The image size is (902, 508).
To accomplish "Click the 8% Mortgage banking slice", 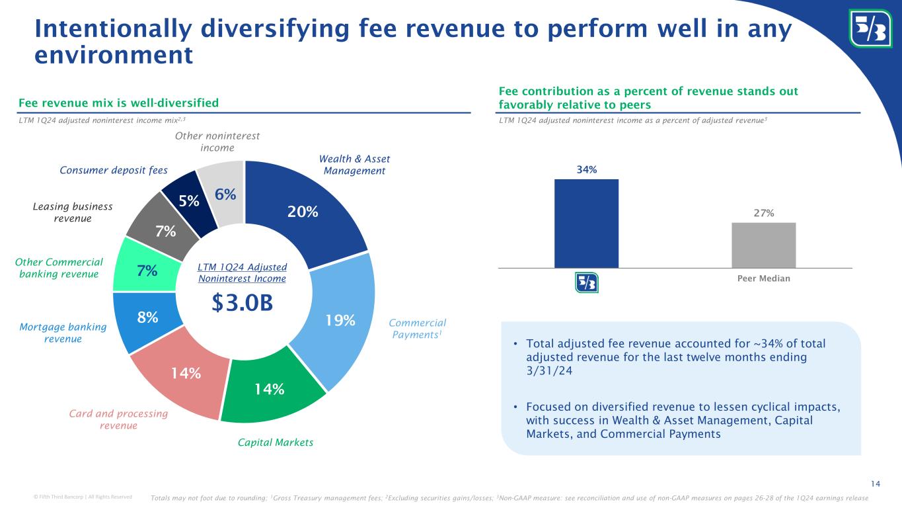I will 147,317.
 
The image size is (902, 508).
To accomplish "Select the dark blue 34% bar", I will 586,224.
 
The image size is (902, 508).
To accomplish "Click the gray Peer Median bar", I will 763,245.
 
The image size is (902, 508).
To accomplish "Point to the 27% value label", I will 763,212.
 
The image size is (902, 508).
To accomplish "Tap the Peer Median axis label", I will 763,278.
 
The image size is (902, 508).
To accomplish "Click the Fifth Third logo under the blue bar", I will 586,282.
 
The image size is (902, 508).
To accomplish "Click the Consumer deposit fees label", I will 114,170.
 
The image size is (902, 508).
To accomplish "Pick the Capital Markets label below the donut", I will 276,443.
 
